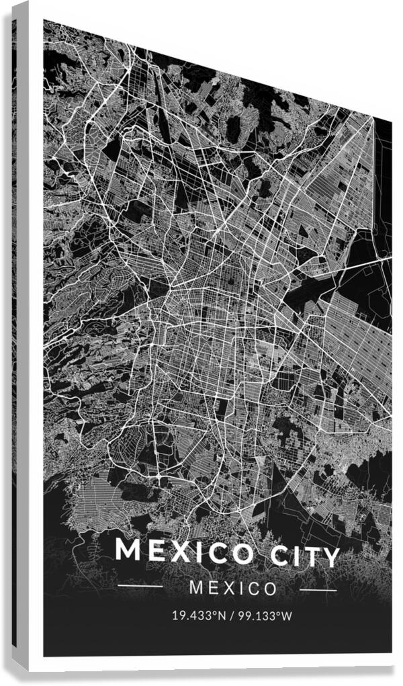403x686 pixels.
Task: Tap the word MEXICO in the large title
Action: [185, 552]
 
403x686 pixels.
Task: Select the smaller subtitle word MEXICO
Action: [233, 589]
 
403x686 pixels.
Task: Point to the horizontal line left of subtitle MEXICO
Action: [140, 586]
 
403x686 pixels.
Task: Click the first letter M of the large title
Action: [128, 549]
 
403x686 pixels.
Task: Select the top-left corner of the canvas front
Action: [44, 20]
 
